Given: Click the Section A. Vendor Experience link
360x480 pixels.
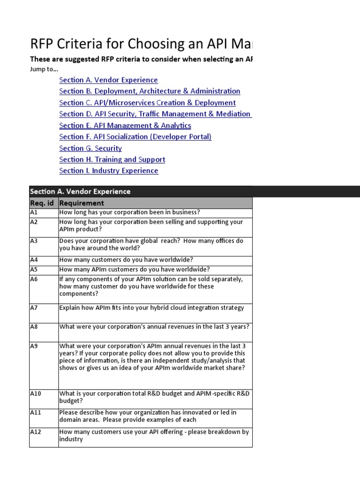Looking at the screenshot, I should click(108, 80).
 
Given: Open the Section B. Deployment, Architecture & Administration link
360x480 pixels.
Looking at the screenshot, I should click(150, 91).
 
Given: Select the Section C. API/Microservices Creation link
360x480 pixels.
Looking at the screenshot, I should click(147, 103).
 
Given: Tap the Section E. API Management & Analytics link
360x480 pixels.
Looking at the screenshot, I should click(125, 126).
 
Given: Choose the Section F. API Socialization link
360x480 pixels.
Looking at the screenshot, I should click(135, 137).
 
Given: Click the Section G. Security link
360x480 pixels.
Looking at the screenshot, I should click(90, 148).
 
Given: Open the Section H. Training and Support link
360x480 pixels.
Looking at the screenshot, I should click(112, 159).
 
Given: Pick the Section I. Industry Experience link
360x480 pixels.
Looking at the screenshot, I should click(109, 171).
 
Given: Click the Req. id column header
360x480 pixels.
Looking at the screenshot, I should click(43, 203).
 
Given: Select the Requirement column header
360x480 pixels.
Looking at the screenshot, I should click(82, 203).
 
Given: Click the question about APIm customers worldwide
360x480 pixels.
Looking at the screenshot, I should click(134, 270).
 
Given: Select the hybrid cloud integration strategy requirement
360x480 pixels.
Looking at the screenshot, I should click(151, 308).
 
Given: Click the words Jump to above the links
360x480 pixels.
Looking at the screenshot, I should click(41, 69).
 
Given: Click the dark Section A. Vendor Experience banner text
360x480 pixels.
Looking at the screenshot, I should click(80, 191).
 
